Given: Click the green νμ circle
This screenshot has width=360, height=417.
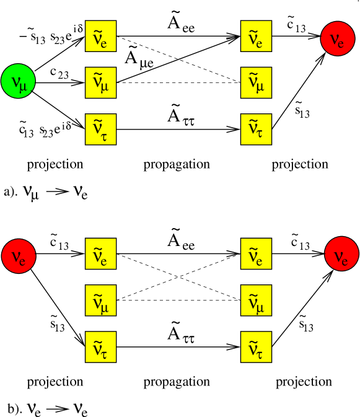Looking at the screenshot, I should (x=18, y=81).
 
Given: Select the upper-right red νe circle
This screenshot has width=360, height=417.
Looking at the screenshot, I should (x=337, y=38).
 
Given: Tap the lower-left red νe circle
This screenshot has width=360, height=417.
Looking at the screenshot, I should (x=19, y=256).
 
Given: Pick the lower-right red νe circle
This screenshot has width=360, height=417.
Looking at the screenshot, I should (x=341, y=254).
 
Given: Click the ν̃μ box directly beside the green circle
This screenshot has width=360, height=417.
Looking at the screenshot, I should (x=100, y=82).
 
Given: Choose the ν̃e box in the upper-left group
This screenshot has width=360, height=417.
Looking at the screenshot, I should (x=100, y=36).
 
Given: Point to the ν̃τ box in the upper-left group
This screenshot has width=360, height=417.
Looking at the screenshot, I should (x=100, y=129).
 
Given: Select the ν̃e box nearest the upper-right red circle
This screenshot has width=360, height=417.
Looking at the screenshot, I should (x=256, y=36).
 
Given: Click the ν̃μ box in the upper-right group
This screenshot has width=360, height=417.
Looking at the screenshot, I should (x=256, y=82).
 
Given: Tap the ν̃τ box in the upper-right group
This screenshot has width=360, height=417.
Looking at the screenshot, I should (x=256, y=129).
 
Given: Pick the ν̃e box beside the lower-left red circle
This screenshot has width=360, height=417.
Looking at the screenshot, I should (x=100, y=253).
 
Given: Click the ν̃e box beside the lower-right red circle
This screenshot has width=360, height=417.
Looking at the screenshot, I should (x=256, y=253).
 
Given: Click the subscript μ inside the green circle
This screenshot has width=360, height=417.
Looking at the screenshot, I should (x=24, y=86).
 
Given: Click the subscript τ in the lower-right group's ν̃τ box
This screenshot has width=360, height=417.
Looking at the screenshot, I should (x=260, y=354).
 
